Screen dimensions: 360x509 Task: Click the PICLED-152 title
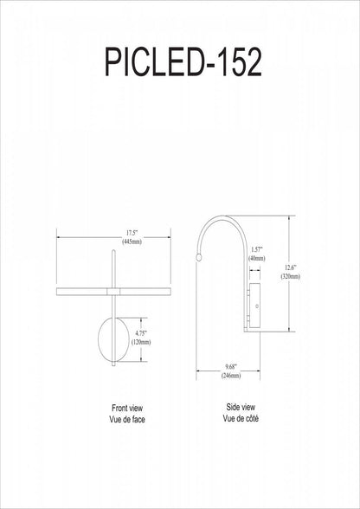click(x=183, y=62)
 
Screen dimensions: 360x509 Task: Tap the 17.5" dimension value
click(x=132, y=233)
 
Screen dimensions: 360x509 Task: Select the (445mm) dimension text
click(x=132, y=242)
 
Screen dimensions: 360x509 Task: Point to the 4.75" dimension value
click(x=141, y=333)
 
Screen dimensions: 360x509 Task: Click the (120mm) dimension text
click(x=141, y=342)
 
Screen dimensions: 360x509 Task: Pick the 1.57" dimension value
click(x=256, y=249)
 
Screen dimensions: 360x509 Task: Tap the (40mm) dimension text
click(x=256, y=258)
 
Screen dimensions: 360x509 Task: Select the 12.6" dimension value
click(x=291, y=267)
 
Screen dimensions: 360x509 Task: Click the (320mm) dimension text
click(x=291, y=277)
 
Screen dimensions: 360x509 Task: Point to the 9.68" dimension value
click(x=231, y=367)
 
